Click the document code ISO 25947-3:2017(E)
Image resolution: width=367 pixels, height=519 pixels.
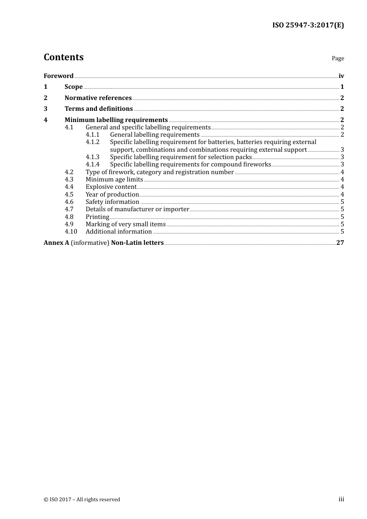click(x=308, y=25)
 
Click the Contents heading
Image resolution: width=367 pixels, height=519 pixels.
click(x=63, y=57)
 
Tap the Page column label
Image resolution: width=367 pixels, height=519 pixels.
click(x=338, y=58)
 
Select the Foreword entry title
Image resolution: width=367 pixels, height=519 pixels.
click(x=58, y=76)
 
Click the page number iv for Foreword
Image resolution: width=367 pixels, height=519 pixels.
click(x=341, y=76)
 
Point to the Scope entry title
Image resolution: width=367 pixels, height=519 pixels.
click(x=73, y=87)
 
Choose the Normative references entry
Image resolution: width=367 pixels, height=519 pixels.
click(x=98, y=98)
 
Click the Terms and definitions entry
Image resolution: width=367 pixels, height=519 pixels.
click(x=99, y=109)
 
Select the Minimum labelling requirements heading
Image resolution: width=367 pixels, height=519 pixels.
click(x=116, y=120)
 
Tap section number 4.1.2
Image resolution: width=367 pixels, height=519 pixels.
click(x=92, y=142)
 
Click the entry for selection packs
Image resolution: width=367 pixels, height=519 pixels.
click(x=181, y=157)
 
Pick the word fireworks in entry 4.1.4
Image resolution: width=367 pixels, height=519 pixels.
click(x=257, y=165)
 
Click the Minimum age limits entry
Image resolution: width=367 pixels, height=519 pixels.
click(x=114, y=180)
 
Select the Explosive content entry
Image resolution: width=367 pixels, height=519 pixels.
click(x=111, y=187)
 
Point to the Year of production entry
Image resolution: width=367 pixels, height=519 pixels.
click(x=112, y=195)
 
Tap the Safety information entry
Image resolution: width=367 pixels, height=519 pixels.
click(x=112, y=202)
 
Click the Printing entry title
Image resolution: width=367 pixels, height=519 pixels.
click(x=97, y=217)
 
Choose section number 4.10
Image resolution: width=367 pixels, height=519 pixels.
click(x=71, y=232)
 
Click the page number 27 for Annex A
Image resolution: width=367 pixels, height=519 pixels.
click(x=340, y=243)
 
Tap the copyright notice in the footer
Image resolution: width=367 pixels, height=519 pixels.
click(x=82, y=500)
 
